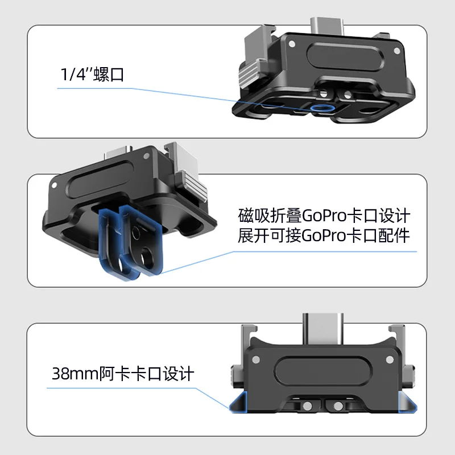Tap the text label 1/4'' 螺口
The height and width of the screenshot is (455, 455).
pos(92,75)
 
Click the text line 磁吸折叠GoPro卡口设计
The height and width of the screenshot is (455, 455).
pos(323,216)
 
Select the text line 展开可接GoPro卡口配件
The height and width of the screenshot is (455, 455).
pos(323,236)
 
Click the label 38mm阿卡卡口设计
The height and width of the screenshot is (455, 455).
pos(123,374)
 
